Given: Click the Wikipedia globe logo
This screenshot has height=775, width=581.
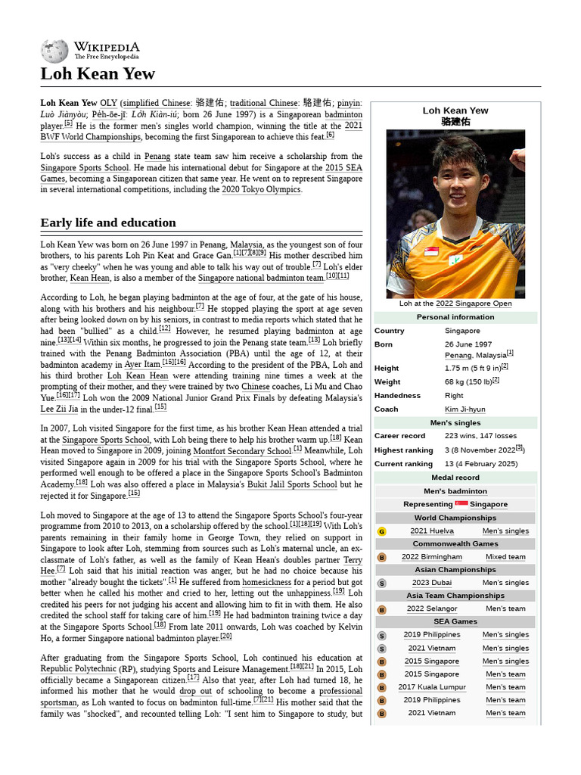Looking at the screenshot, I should pos(54,51).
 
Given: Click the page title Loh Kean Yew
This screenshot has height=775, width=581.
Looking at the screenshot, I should pos(98,73).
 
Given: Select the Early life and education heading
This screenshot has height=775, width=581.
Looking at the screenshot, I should pos(108,223).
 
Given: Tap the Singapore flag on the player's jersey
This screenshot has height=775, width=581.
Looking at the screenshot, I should pos(431,251).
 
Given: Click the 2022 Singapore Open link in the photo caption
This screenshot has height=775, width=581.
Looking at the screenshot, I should pos(474,303).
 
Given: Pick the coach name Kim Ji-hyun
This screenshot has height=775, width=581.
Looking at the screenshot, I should pos(465,409).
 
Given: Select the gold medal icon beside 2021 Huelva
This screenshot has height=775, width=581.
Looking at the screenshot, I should pos(381,531).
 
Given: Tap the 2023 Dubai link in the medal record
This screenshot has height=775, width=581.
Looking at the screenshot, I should pos(431,583).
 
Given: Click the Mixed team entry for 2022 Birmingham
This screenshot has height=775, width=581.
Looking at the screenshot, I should pos(505,557).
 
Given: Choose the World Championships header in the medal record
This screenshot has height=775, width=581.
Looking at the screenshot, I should pos(455,518).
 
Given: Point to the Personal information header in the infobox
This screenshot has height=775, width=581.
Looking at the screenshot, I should pos(455,317).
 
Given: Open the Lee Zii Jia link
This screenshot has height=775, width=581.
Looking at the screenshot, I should pos(59,409).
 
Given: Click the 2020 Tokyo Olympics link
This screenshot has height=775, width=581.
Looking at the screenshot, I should pos(261,190).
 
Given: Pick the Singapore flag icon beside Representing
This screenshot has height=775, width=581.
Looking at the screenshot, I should pos(461,504).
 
